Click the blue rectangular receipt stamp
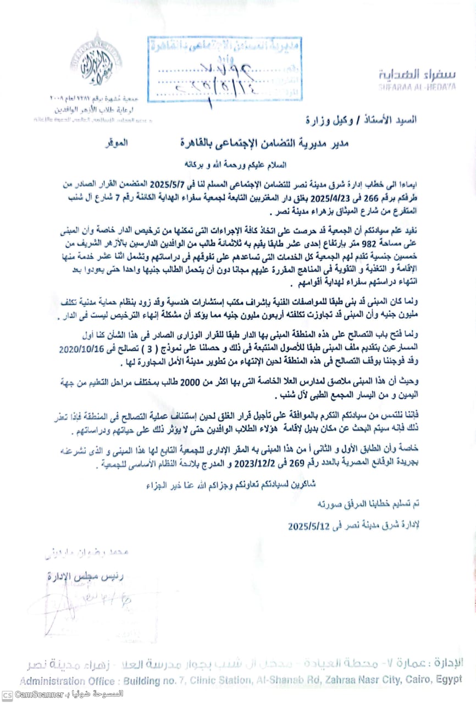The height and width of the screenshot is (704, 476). (224, 68)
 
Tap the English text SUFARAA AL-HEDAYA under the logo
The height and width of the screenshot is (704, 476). (417, 87)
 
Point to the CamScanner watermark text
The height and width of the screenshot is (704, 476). (40, 695)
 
